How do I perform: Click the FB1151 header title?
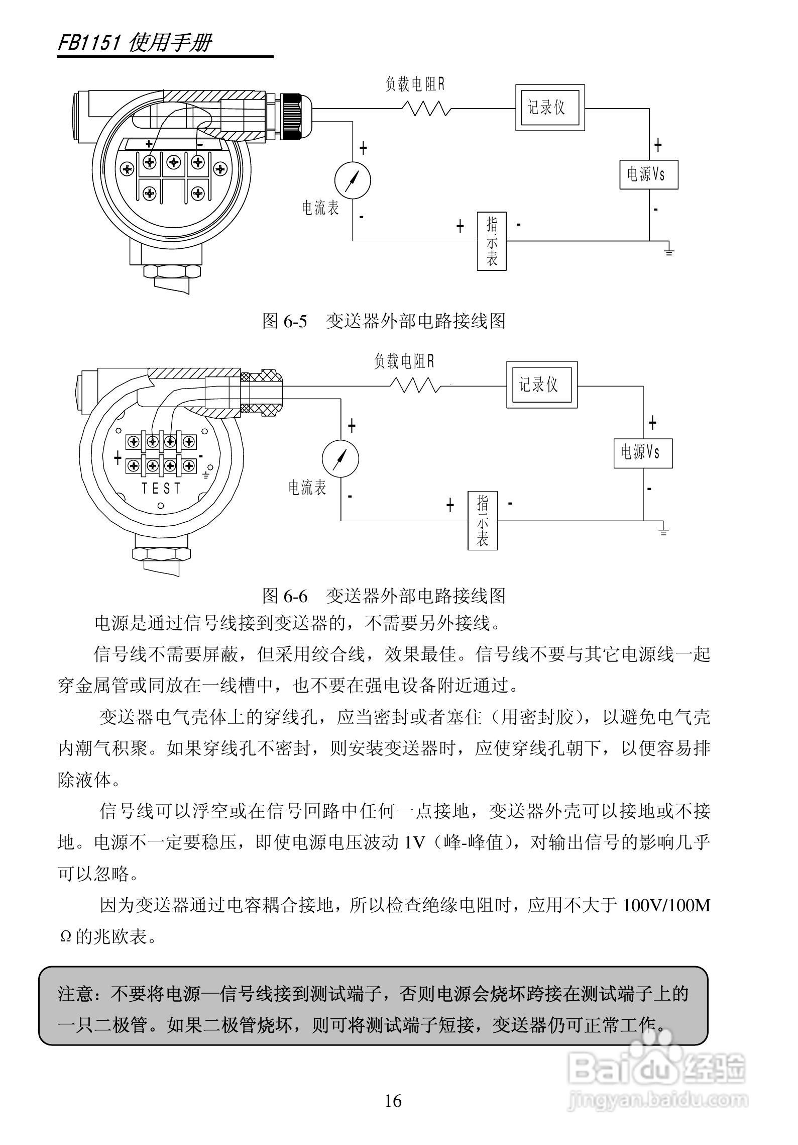point(135,43)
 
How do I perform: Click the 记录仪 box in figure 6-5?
point(550,108)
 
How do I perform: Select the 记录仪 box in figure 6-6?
point(541,385)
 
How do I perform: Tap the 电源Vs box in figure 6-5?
point(648,174)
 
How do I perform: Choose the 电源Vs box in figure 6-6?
point(643,453)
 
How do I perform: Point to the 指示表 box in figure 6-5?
point(491,241)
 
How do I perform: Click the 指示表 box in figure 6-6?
point(482,520)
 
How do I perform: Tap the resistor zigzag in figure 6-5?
point(426,108)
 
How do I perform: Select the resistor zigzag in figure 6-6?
point(415,386)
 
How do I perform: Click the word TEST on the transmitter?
point(161,488)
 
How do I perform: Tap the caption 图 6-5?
point(284,321)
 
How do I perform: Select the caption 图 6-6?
point(284,596)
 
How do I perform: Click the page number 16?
point(393,1101)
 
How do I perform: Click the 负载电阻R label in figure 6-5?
point(415,84)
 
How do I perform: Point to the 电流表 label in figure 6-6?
point(307,487)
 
